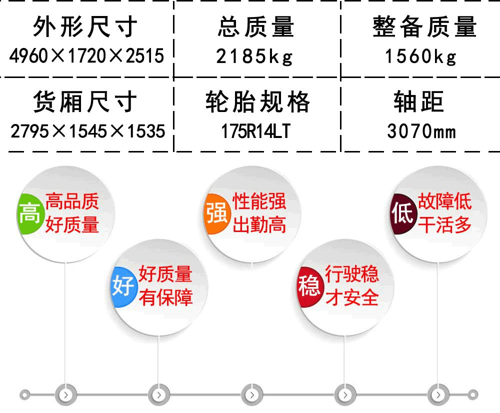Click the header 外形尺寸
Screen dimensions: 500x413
coord(85,27)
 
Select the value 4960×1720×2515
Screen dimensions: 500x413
coord(86,56)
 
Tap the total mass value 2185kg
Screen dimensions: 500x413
coord(254,57)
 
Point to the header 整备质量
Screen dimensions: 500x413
coord(424,27)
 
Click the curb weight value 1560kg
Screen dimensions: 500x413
coord(420,57)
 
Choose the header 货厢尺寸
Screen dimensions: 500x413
coord(85,101)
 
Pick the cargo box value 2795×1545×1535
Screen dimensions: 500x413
coord(87,131)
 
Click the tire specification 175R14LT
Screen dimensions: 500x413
coord(255,131)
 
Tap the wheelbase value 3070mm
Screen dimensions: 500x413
coord(421,131)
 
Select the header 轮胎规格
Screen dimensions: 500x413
coord(257,101)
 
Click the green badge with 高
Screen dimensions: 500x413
coord(30,213)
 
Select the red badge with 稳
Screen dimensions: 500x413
coord(309,286)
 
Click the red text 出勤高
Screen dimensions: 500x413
coord(259,225)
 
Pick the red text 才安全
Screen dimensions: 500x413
coord(352,297)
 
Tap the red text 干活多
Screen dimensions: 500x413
coord(445,225)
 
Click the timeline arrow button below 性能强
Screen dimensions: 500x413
coord(252,395)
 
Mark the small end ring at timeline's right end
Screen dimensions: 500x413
coord(473,395)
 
